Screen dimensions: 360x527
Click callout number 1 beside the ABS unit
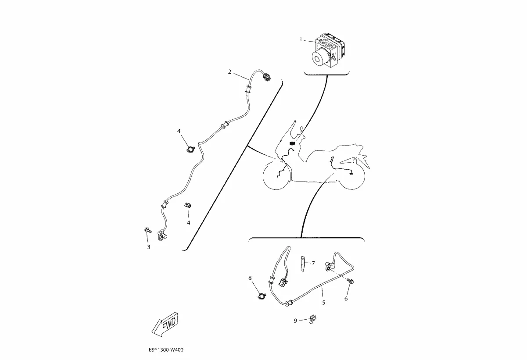point(301,39)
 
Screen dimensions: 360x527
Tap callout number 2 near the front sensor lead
point(229,71)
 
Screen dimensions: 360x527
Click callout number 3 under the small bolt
point(149,247)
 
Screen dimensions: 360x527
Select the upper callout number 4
point(179,131)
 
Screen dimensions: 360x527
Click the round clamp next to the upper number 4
point(191,149)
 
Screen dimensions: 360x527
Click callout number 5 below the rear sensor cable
point(324,303)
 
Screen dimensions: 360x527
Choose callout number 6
point(346,299)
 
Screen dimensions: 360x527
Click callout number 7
point(313,263)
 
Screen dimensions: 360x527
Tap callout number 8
point(250,278)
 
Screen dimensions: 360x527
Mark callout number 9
point(295,321)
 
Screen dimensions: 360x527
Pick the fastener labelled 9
point(312,319)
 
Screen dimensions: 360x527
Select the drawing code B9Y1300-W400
point(166,349)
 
